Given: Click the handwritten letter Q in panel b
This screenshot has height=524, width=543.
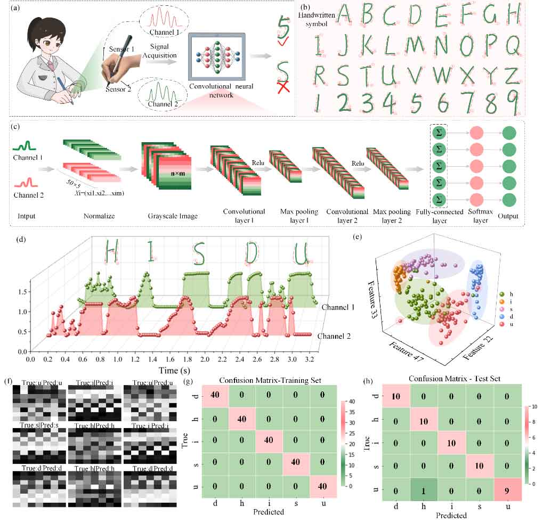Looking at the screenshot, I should (x=513, y=46).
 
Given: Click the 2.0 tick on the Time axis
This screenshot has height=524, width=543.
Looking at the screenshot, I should (x=205, y=360).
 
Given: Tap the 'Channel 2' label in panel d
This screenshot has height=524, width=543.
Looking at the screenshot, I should (x=334, y=336).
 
